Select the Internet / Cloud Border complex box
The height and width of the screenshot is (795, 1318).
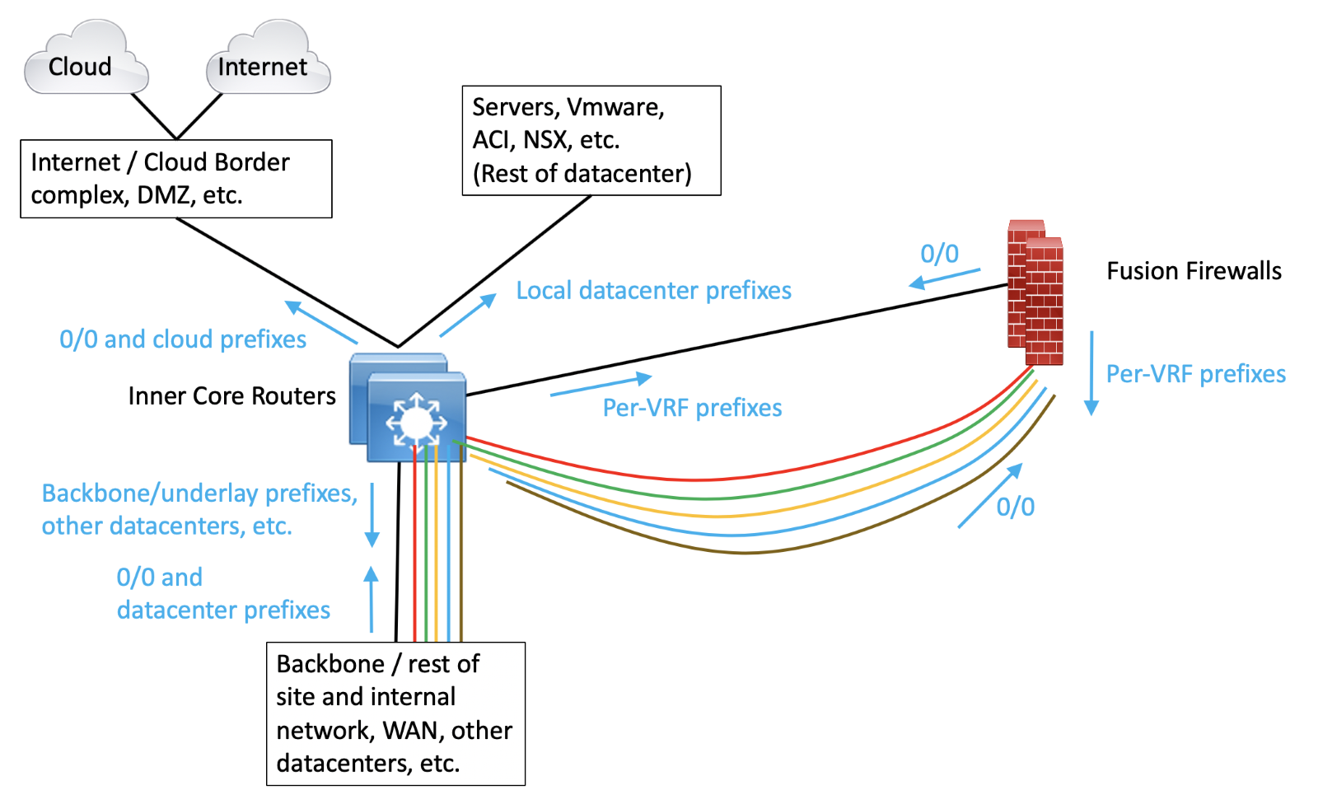click(175, 179)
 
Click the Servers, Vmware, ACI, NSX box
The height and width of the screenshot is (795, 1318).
click(591, 140)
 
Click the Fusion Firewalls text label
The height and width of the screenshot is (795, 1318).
click(1194, 271)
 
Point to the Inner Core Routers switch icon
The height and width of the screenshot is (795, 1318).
click(409, 408)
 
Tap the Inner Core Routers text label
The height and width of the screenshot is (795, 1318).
click(231, 396)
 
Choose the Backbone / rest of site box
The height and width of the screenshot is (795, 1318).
click(395, 713)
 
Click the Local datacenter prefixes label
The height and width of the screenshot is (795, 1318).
click(653, 291)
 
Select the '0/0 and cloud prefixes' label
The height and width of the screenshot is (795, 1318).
click(183, 339)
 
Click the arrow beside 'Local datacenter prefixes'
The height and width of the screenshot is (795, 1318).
click(468, 316)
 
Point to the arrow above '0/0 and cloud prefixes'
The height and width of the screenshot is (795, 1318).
click(320, 322)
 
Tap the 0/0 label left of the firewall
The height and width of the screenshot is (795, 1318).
click(939, 254)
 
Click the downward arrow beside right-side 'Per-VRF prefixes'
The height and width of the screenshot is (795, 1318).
click(1091, 372)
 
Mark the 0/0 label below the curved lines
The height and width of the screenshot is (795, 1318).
click(1015, 507)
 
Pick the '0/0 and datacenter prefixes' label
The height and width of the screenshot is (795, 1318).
click(222, 594)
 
